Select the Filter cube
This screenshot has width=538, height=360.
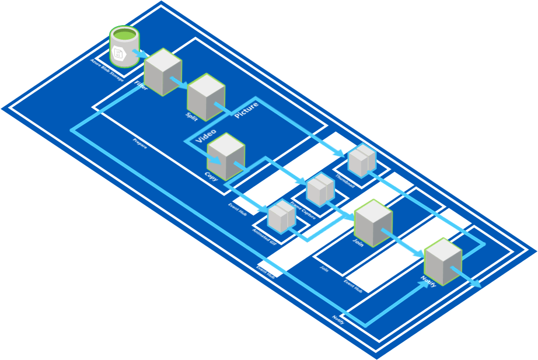click(x=163, y=72)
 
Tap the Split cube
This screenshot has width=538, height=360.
click(x=206, y=96)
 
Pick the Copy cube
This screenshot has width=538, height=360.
click(x=226, y=156)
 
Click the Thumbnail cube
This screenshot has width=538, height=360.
click(x=362, y=160)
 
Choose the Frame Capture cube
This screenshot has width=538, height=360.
click(x=320, y=189)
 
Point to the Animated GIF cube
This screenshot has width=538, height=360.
click(x=281, y=216)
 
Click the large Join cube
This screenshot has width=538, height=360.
click(x=373, y=222)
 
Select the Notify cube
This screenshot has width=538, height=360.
click(x=443, y=261)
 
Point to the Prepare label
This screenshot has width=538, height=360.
click(x=140, y=143)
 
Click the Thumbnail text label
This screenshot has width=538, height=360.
click(x=345, y=182)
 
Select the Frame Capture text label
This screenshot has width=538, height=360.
click(x=303, y=212)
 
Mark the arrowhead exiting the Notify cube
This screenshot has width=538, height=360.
click(x=477, y=285)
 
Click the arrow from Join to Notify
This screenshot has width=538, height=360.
click(x=403, y=243)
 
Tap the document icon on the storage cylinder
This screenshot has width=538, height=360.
click(x=118, y=54)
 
